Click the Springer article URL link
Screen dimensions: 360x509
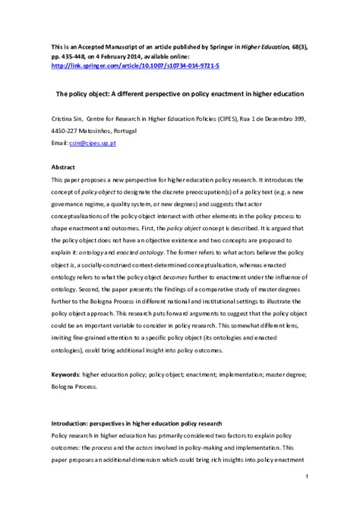[x=135, y=66]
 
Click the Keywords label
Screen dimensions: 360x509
[x=65, y=375]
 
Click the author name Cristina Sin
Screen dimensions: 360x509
[x=67, y=120]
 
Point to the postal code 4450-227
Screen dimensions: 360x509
[x=66, y=131]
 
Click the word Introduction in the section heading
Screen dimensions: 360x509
[x=73, y=422]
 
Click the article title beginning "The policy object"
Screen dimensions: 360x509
[x=180, y=94]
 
